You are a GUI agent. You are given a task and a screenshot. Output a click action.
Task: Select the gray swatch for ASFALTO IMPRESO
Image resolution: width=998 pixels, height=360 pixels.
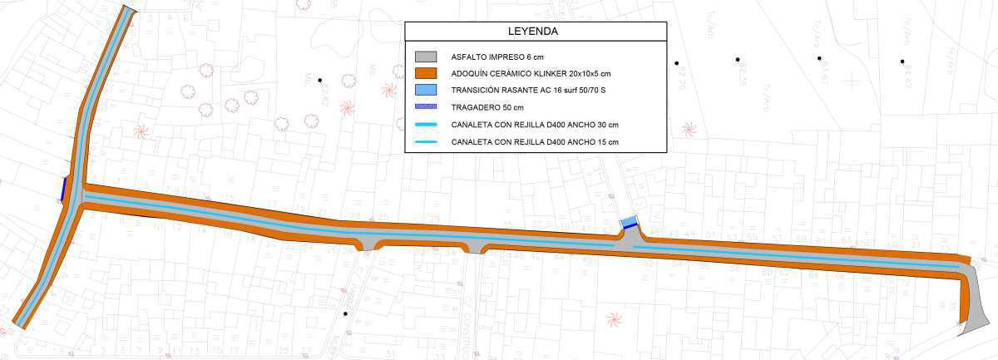click(425, 57)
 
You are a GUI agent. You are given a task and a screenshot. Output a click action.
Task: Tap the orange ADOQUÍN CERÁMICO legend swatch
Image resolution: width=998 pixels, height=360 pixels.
click(425, 73)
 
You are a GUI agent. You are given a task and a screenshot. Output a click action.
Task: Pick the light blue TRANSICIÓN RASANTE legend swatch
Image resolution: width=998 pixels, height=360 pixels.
click(425, 90)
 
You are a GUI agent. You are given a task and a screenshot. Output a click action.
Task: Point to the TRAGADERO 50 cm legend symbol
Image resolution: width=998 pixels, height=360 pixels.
click(425, 107)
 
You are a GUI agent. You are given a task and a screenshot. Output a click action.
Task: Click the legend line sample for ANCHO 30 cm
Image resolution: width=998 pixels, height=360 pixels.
click(425, 125)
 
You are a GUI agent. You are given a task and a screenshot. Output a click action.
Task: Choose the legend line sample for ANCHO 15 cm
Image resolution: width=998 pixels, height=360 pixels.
click(425, 142)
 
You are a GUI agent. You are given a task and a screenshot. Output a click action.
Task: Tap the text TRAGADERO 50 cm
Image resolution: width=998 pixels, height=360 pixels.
click(487, 108)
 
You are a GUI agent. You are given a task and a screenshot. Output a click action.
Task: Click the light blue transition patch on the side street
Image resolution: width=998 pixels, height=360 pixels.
click(630, 222)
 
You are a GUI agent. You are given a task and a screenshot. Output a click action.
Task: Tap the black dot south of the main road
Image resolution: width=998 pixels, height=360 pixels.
click(345, 313)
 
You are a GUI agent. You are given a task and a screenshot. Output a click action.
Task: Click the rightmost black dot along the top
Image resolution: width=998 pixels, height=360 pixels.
click(902, 61)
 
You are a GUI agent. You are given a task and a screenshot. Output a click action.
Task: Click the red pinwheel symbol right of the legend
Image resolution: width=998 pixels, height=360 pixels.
click(689, 128)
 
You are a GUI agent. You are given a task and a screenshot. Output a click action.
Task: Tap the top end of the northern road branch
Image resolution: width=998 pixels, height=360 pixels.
click(129, 10)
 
